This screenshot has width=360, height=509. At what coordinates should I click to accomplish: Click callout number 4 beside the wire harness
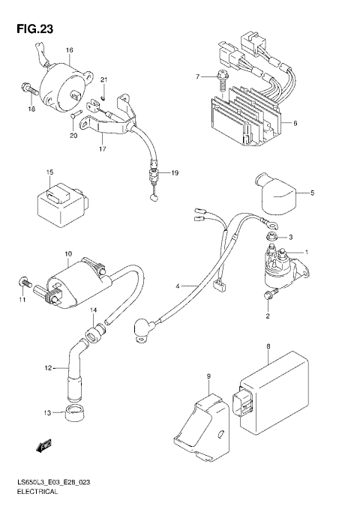click(x=178, y=286)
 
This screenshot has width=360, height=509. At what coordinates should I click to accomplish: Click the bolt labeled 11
click(x=24, y=283)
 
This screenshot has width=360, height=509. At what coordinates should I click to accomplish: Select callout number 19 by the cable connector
click(x=174, y=173)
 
